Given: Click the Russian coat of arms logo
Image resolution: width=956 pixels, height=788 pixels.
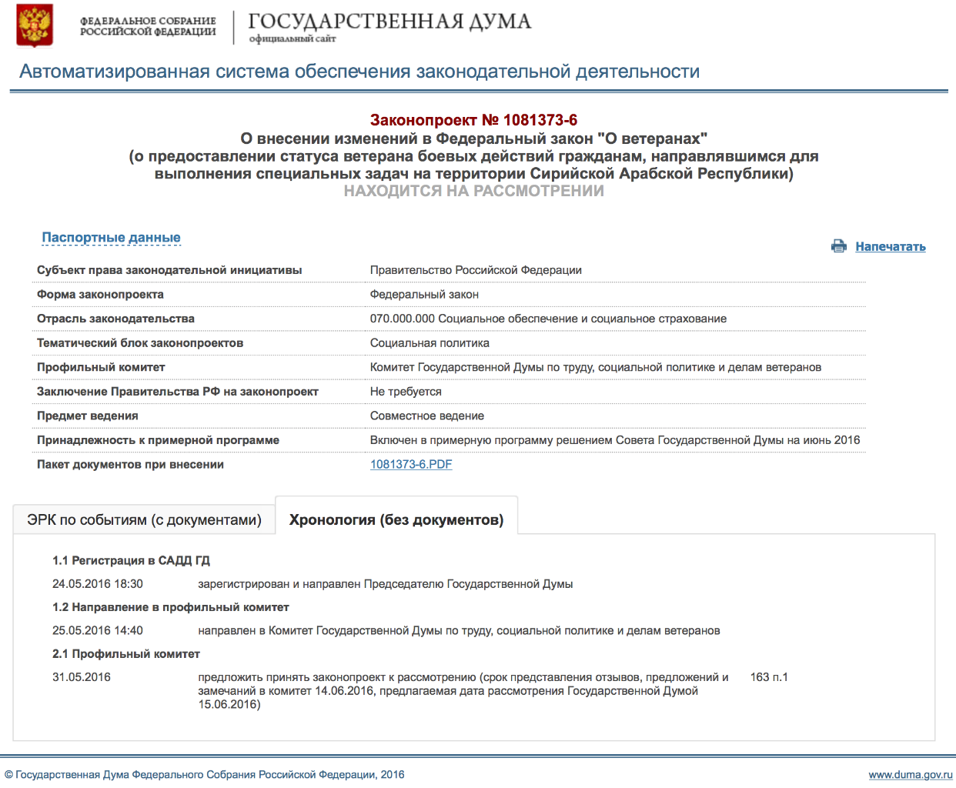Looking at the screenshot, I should (x=35, y=25).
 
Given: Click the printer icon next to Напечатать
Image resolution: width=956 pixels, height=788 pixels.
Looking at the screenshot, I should (x=839, y=246).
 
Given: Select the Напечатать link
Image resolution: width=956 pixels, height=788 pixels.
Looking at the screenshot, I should (x=891, y=247).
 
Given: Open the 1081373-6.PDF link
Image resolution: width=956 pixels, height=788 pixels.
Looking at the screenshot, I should (x=411, y=465).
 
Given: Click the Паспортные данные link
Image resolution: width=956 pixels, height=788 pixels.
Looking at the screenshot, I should (x=111, y=238).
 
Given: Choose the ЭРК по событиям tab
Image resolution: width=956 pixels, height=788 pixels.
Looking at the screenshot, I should (x=144, y=520).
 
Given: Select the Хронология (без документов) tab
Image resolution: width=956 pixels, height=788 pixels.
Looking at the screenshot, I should (x=396, y=520).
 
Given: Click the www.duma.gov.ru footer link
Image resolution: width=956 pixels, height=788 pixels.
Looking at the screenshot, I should (x=911, y=775).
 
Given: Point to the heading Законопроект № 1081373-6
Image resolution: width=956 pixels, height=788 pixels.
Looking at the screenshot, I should (x=473, y=120).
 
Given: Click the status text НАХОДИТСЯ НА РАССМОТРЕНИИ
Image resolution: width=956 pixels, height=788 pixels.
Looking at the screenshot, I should (x=473, y=191).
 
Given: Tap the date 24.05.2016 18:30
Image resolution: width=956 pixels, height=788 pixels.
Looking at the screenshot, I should (x=98, y=584).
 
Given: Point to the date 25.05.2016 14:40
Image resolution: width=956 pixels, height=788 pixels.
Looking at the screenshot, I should (x=98, y=631).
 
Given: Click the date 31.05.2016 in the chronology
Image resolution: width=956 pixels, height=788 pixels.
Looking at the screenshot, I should (x=82, y=677).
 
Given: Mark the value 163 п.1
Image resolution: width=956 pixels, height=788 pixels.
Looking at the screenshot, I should (x=769, y=677).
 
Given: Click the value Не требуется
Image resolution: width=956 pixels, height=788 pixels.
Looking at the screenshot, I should (x=406, y=392).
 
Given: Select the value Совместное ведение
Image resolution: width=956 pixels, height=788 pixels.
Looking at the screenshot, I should (x=427, y=416).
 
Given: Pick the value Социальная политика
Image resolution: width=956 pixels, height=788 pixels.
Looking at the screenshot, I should (x=430, y=343).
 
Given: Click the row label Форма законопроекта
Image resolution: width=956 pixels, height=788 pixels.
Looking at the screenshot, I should (x=100, y=295).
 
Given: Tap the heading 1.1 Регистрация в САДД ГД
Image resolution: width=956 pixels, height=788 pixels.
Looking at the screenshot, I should (x=131, y=561).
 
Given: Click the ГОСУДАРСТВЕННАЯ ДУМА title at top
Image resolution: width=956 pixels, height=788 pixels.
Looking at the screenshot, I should (x=389, y=22).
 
